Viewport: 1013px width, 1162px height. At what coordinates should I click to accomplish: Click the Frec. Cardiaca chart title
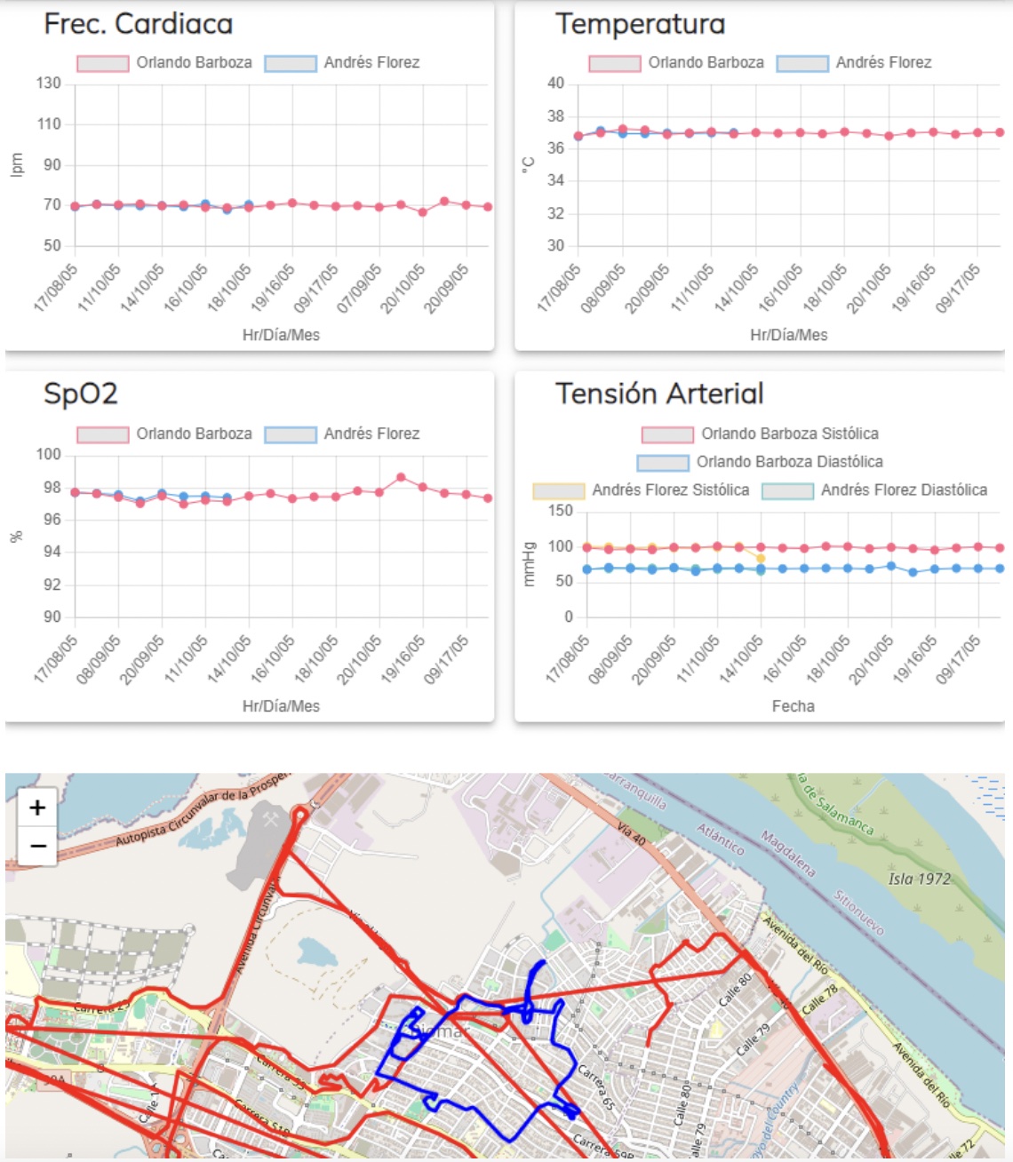point(139,24)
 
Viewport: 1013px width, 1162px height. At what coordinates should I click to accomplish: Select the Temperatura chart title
point(640,24)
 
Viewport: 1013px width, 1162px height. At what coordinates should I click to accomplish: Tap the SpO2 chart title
point(81,394)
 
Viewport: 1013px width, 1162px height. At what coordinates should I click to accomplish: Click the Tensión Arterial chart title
point(659,394)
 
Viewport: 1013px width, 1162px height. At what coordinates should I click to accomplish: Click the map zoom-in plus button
point(37,808)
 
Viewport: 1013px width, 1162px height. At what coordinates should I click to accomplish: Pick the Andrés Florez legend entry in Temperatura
point(854,62)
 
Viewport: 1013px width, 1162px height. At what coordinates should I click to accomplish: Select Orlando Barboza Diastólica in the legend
point(761,462)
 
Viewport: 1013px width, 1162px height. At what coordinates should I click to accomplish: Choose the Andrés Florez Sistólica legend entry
point(642,490)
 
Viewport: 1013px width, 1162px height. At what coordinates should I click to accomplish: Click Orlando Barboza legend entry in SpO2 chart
point(164,434)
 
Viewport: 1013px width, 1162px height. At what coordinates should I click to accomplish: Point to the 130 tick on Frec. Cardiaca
point(49,84)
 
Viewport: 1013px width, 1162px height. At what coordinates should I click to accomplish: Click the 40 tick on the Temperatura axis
point(555,84)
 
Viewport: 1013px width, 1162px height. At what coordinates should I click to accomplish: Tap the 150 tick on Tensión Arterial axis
point(561,511)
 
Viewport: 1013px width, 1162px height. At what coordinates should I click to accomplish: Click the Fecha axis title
point(793,706)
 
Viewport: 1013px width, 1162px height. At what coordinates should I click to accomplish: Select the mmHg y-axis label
point(529,564)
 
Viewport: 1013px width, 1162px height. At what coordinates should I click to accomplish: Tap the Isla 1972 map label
point(919,879)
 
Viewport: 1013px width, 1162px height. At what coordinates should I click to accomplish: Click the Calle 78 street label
point(819,999)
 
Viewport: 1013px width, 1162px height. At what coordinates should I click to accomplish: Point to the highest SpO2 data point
point(401,477)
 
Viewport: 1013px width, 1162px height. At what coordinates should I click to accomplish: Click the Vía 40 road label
point(632,833)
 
